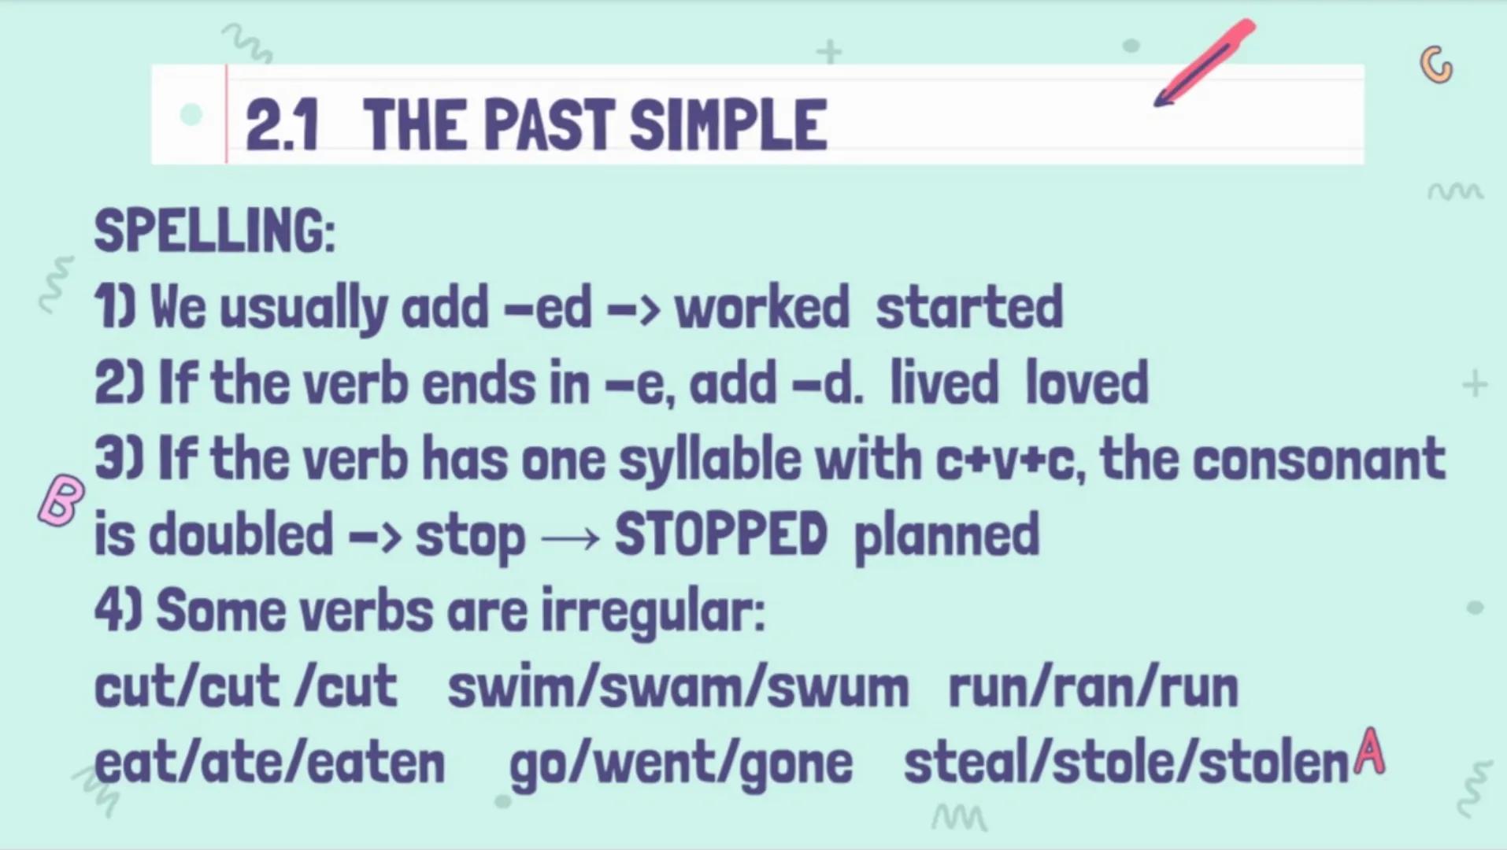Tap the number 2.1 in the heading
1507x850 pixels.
(x=282, y=126)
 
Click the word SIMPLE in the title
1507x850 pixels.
(x=728, y=126)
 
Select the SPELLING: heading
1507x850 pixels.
(x=214, y=231)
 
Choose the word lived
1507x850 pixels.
(x=944, y=383)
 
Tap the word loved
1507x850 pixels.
(x=1087, y=383)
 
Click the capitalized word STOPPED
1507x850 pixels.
(x=720, y=535)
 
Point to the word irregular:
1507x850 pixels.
(x=653, y=612)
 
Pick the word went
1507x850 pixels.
(x=648, y=763)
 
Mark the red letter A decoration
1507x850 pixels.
(x=1370, y=752)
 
